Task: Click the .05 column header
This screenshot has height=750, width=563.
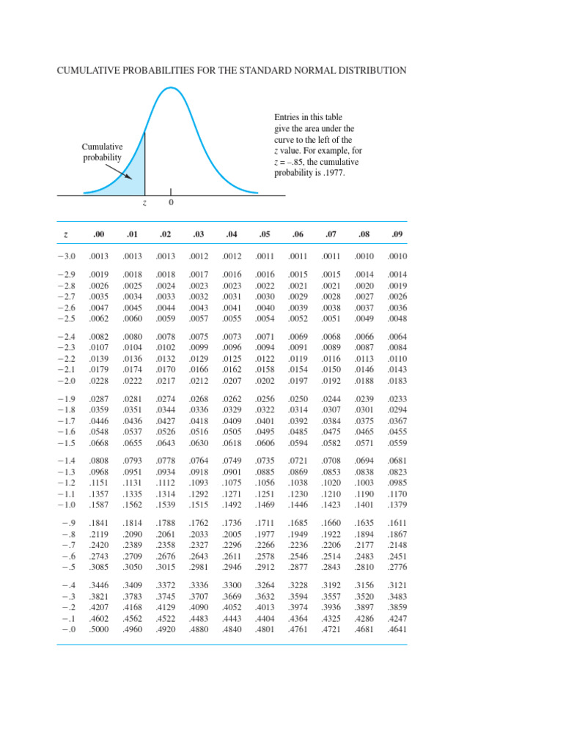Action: point(265,234)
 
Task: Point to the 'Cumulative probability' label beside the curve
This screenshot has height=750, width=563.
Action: point(102,152)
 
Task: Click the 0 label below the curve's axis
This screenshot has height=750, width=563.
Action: point(171,203)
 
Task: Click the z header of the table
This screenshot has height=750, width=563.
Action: point(66,234)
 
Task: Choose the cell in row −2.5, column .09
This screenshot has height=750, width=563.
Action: point(397,319)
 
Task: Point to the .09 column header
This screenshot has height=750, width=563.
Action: point(397,234)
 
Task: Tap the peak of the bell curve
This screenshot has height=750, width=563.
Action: point(170,88)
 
